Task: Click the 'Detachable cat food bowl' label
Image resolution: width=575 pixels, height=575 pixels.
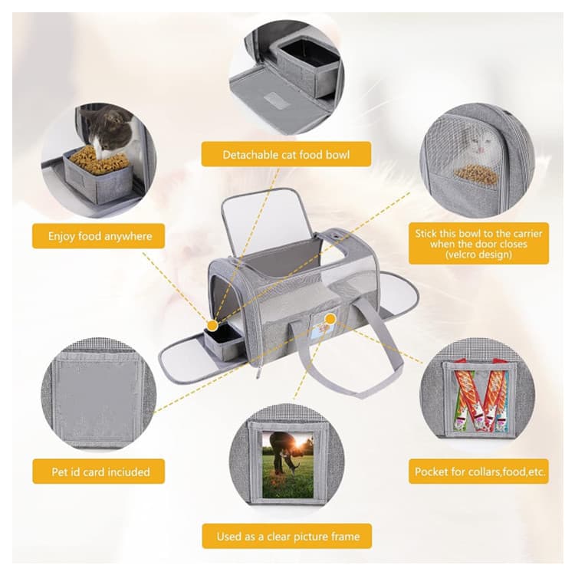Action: tap(286, 154)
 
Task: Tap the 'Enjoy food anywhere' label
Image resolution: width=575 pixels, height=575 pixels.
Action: tap(100, 236)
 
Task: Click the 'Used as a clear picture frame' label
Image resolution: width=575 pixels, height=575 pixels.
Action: tap(287, 537)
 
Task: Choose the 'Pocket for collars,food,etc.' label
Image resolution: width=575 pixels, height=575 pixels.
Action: tap(479, 472)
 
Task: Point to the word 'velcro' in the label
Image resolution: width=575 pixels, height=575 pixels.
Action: tap(463, 255)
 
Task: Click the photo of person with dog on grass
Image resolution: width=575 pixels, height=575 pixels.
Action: tap(288, 465)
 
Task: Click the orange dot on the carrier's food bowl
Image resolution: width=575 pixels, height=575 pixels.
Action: tap(212, 326)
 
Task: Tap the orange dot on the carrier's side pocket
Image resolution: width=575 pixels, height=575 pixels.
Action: tap(330, 320)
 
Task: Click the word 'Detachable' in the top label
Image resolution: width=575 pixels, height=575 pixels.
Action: tap(250, 154)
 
